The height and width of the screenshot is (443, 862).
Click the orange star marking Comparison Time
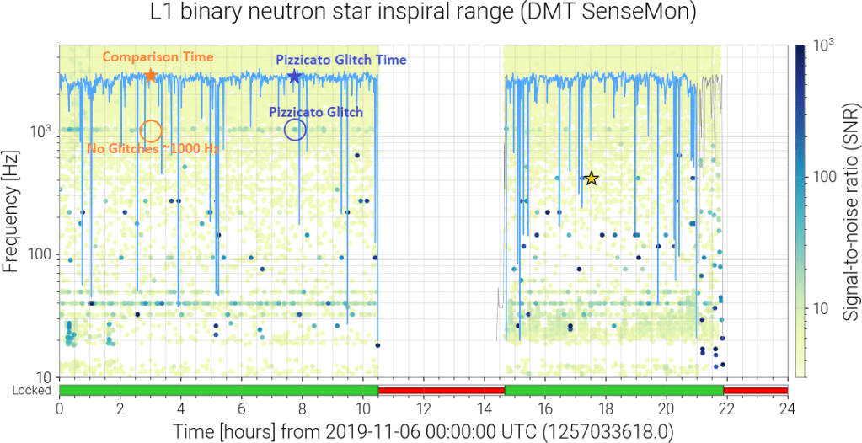pyautogui.click(x=151, y=76)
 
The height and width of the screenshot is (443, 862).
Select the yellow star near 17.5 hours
pyautogui.click(x=592, y=178)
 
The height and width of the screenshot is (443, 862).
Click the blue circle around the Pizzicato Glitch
pyautogui.click(x=295, y=130)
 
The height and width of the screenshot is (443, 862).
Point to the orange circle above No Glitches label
pyautogui.click(x=151, y=131)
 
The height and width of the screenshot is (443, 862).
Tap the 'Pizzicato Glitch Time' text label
pyautogui.click(x=341, y=60)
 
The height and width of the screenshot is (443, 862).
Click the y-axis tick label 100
pyautogui.click(x=39, y=254)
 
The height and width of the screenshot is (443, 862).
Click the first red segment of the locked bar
pyautogui.click(x=441, y=391)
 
